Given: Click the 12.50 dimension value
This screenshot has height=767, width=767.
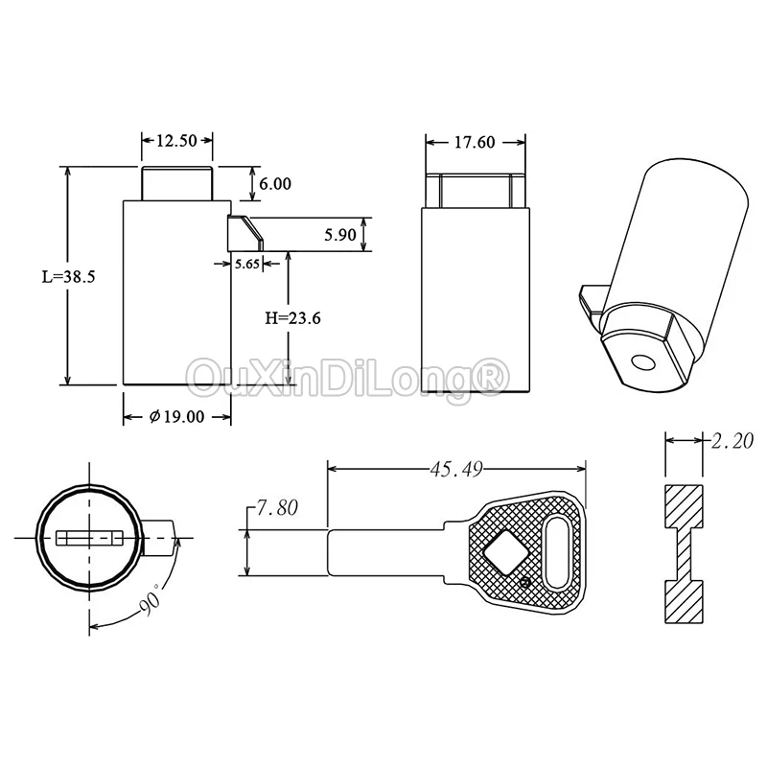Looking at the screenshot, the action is pyautogui.click(x=176, y=141).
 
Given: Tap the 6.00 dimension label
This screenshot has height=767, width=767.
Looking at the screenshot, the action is pyautogui.click(x=275, y=184).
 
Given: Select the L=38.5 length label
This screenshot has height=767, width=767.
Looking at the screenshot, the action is pyautogui.click(x=68, y=277).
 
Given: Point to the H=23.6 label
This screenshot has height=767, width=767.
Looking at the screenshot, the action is pyautogui.click(x=293, y=318).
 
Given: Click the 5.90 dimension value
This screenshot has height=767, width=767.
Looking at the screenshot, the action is pyautogui.click(x=340, y=235).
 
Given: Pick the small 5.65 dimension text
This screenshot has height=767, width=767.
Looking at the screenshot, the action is pyautogui.click(x=247, y=265).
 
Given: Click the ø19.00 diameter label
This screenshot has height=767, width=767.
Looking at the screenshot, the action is pyautogui.click(x=176, y=417).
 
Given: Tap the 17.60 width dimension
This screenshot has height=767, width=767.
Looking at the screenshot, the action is pyautogui.click(x=475, y=142).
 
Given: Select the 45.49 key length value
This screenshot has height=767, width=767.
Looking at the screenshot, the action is pyautogui.click(x=456, y=469).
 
